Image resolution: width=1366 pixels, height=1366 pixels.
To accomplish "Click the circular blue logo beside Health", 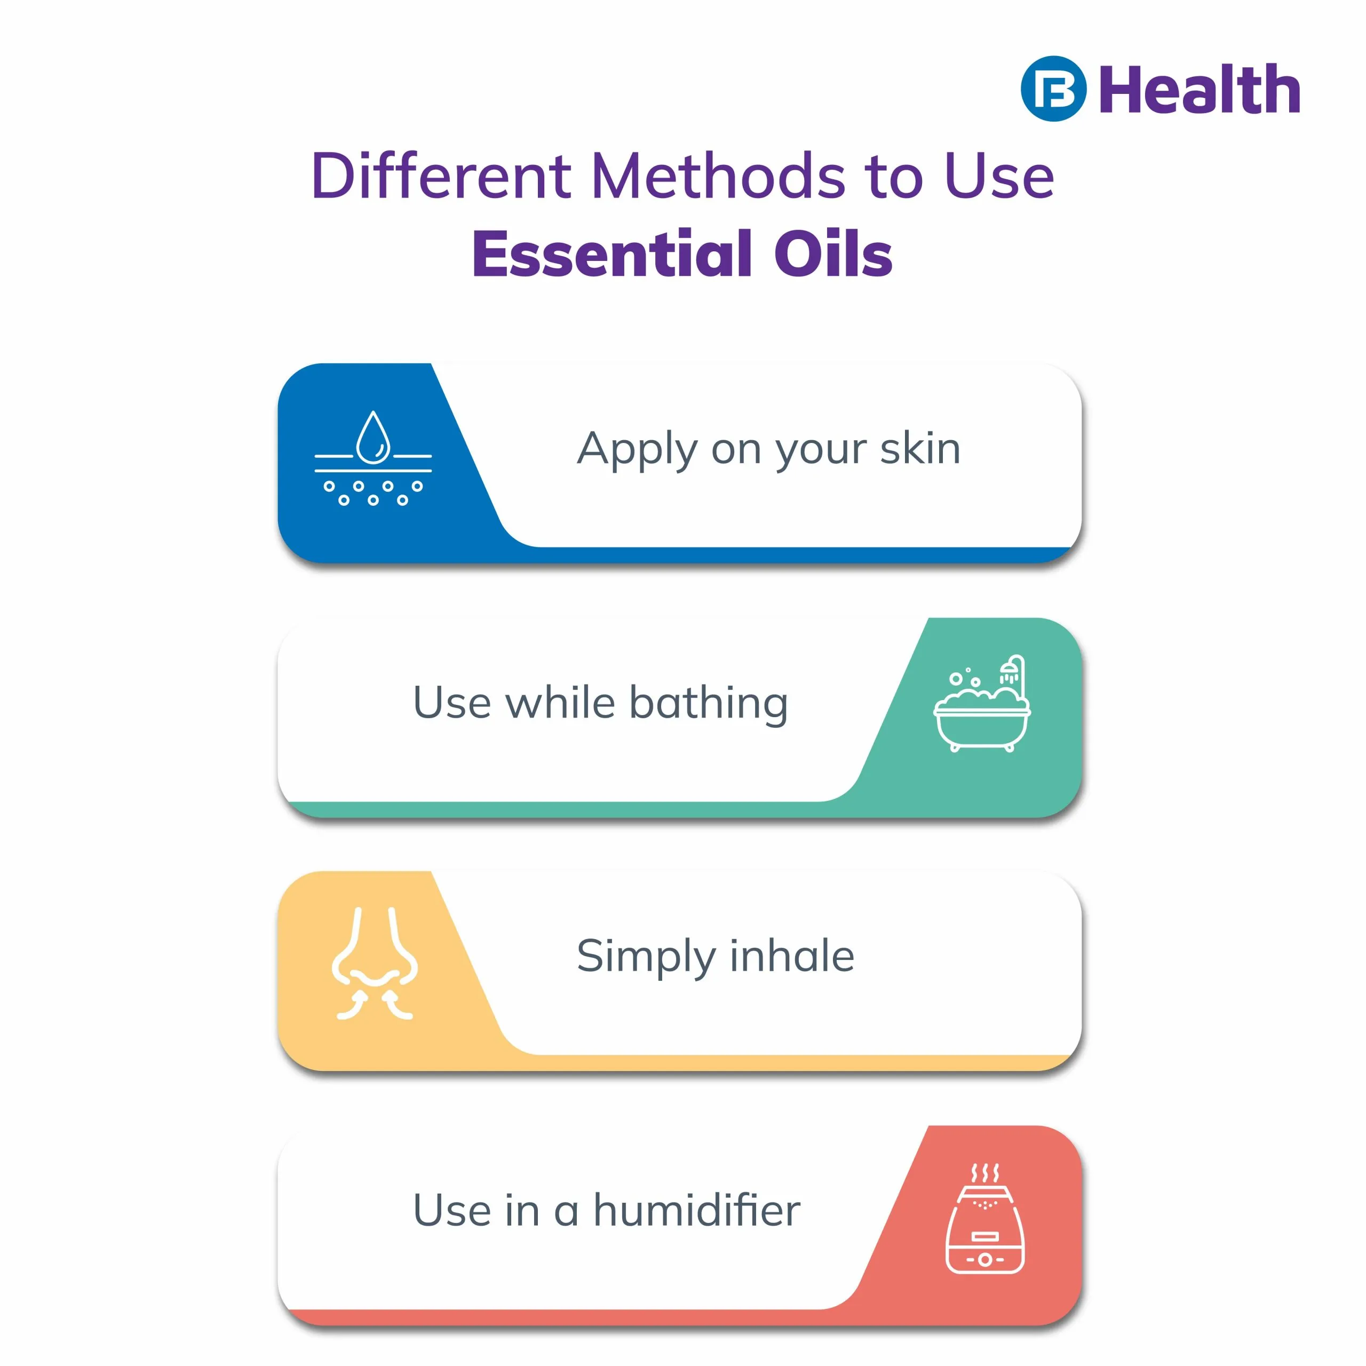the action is point(1053,89).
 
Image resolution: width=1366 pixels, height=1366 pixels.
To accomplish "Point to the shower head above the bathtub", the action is point(1011,670).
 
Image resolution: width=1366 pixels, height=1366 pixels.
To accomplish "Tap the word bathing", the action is point(709,704).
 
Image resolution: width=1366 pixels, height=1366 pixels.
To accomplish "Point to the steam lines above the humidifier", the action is point(985,1173).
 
